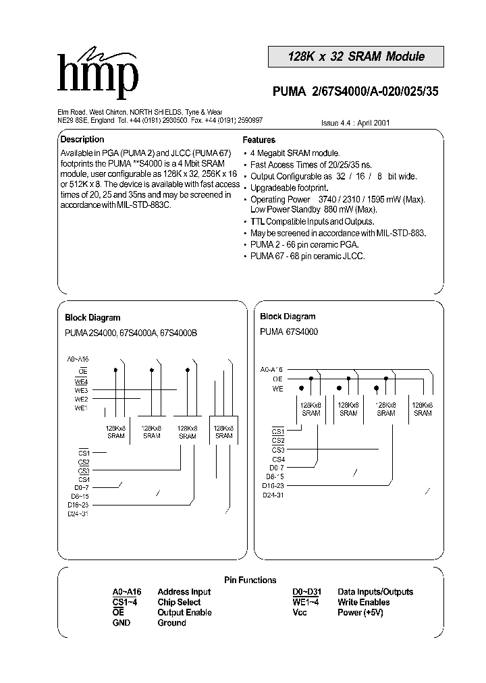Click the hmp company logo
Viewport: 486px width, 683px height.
(x=99, y=74)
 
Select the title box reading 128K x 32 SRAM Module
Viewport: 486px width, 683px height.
(x=357, y=57)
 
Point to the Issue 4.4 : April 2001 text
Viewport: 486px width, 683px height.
(x=355, y=124)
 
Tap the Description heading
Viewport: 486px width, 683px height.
(x=82, y=140)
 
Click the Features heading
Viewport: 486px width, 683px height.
(x=259, y=140)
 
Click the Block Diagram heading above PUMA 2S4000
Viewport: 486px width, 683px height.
(x=92, y=317)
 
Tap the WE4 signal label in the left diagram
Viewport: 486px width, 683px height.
(x=82, y=381)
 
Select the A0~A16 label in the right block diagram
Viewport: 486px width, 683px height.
(x=272, y=369)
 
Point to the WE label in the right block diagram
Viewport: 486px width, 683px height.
(x=278, y=388)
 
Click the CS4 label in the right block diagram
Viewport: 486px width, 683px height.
(x=278, y=459)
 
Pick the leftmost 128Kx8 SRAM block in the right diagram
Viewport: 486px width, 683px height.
(x=310, y=409)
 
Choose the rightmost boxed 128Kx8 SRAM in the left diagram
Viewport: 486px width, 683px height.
(x=223, y=432)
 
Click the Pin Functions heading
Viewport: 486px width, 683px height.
(x=250, y=580)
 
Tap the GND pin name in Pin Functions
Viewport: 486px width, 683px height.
(x=121, y=623)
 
